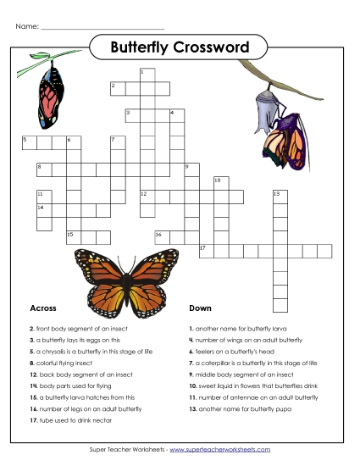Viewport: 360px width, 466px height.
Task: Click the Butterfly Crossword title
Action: [180, 47]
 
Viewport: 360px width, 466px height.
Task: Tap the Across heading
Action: [43, 308]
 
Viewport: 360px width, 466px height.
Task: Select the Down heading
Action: [200, 308]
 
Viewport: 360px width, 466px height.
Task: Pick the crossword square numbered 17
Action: [206, 252]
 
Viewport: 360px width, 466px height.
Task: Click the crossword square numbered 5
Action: [29, 141]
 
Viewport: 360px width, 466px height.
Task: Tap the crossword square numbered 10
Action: [220, 183]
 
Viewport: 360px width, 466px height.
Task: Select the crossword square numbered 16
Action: [162, 236]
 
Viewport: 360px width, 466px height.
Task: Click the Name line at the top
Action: [102, 27]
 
